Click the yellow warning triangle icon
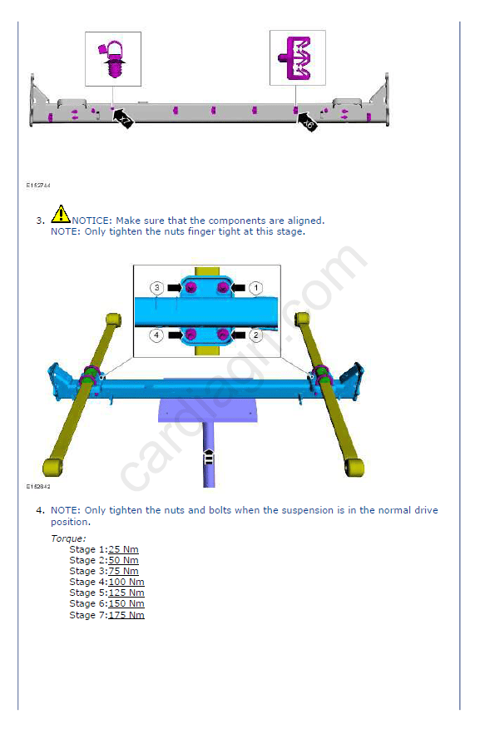(60, 214)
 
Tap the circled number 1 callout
(255, 288)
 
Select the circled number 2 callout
(255, 335)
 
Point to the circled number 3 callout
(156, 288)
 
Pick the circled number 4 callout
(156, 335)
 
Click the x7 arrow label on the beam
(123, 119)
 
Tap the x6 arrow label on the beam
(307, 122)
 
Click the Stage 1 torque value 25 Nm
(123, 549)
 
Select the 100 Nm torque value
(126, 582)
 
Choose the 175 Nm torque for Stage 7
(126, 615)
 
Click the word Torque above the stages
(68, 538)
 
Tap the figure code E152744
(38, 185)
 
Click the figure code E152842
(38, 486)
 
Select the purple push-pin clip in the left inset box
(112, 59)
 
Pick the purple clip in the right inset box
(295, 58)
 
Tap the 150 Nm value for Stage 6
(126, 603)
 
